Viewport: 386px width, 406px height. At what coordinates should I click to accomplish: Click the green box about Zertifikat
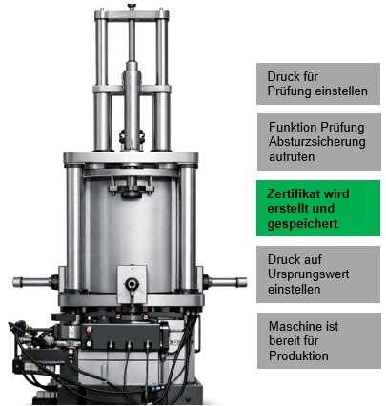(x=318, y=208)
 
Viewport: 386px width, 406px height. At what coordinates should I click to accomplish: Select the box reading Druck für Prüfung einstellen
(x=318, y=84)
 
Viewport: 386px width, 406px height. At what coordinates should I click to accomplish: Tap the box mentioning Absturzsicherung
(x=319, y=142)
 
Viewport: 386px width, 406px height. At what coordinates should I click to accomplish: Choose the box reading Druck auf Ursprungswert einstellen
(x=318, y=274)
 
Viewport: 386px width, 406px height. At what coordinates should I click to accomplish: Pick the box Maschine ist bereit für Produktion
(x=319, y=340)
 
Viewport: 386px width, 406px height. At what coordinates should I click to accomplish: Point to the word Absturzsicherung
(x=316, y=142)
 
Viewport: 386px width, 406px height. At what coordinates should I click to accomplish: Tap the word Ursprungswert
(x=308, y=274)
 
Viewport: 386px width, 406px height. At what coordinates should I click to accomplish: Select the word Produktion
(x=298, y=355)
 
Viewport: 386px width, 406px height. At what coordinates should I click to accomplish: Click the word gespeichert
(x=302, y=224)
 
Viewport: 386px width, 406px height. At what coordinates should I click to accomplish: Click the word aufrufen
(x=292, y=156)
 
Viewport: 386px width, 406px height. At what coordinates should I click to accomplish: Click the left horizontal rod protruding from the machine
(x=31, y=282)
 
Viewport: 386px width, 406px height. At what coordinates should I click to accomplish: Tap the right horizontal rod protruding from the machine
(x=228, y=282)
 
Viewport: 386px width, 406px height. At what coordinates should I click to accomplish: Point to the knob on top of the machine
(x=132, y=7)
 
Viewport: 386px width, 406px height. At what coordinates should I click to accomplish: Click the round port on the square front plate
(x=132, y=283)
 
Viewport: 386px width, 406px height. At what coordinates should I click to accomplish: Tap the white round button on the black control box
(x=89, y=343)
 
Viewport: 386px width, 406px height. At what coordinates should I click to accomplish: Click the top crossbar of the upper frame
(x=132, y=15)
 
